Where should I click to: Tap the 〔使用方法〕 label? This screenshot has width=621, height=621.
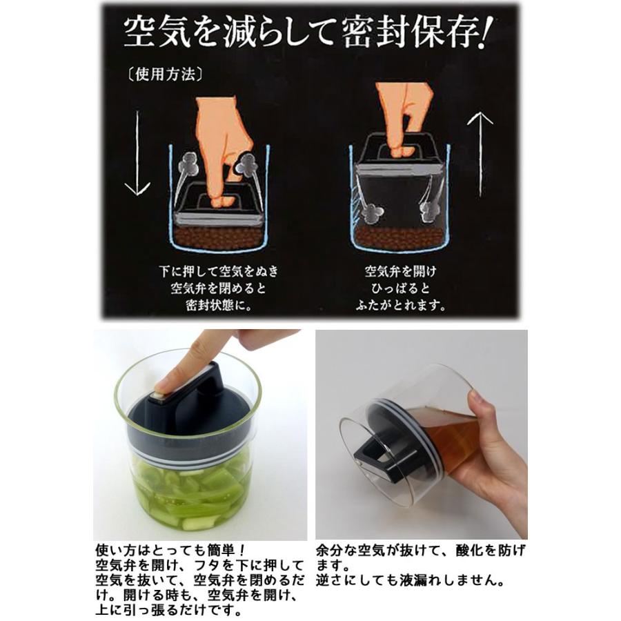164,74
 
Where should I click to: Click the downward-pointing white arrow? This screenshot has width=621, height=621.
137,153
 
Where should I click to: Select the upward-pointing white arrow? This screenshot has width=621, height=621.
480,155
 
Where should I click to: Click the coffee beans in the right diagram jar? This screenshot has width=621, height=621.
400,237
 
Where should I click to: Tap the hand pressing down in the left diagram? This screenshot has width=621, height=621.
224,150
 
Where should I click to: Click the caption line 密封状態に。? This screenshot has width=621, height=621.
219,306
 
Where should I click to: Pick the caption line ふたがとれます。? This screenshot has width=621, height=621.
401,305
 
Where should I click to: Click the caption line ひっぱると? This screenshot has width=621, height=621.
400,288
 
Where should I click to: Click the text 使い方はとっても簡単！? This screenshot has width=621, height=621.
171,550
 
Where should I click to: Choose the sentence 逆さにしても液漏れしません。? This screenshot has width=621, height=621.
411,580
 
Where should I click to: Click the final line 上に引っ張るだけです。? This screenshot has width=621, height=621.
168,610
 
